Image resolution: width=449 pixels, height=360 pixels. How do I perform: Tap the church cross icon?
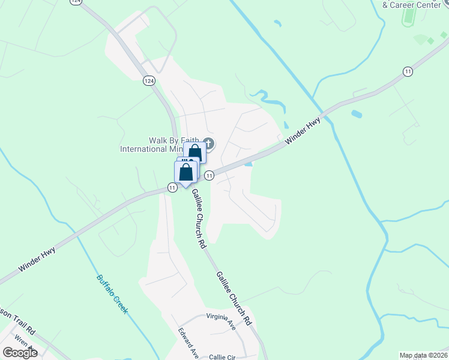(208, 143)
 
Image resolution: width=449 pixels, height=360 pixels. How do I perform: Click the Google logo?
(20, 352)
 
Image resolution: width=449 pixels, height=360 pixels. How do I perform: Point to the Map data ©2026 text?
(423, 355)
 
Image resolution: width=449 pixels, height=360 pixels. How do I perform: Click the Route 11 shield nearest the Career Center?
(408, 71)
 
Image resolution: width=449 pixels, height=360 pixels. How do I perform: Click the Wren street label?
(22, 341)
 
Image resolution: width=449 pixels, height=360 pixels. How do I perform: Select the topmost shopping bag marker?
(194, 152)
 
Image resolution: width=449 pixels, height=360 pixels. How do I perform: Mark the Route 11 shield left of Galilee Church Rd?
(172, 188)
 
